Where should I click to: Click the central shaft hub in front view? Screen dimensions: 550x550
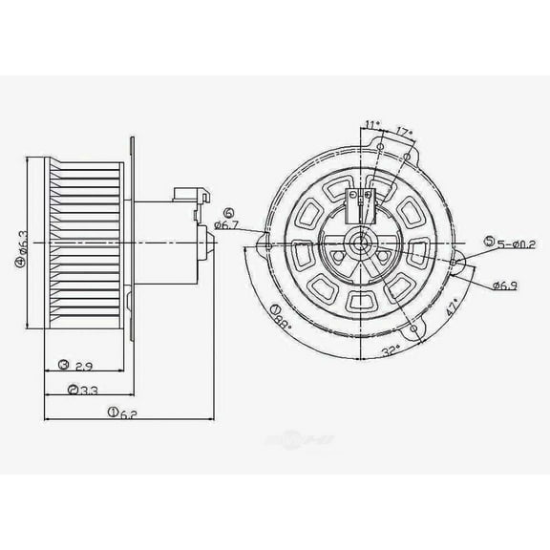(360, 245)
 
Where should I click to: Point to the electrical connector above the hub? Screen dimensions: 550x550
(360, 198)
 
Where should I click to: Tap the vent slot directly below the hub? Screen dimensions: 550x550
(360, 302)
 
